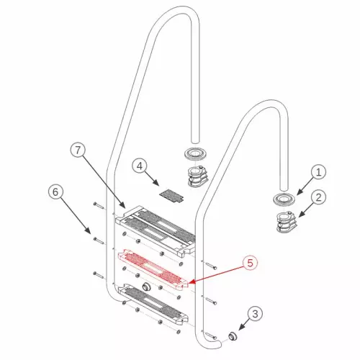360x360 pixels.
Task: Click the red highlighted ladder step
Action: click(x=156, y=268)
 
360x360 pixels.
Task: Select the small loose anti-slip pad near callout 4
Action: click(x=171, y=194)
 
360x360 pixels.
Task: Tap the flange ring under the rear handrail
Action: click(x=194, y=154)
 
